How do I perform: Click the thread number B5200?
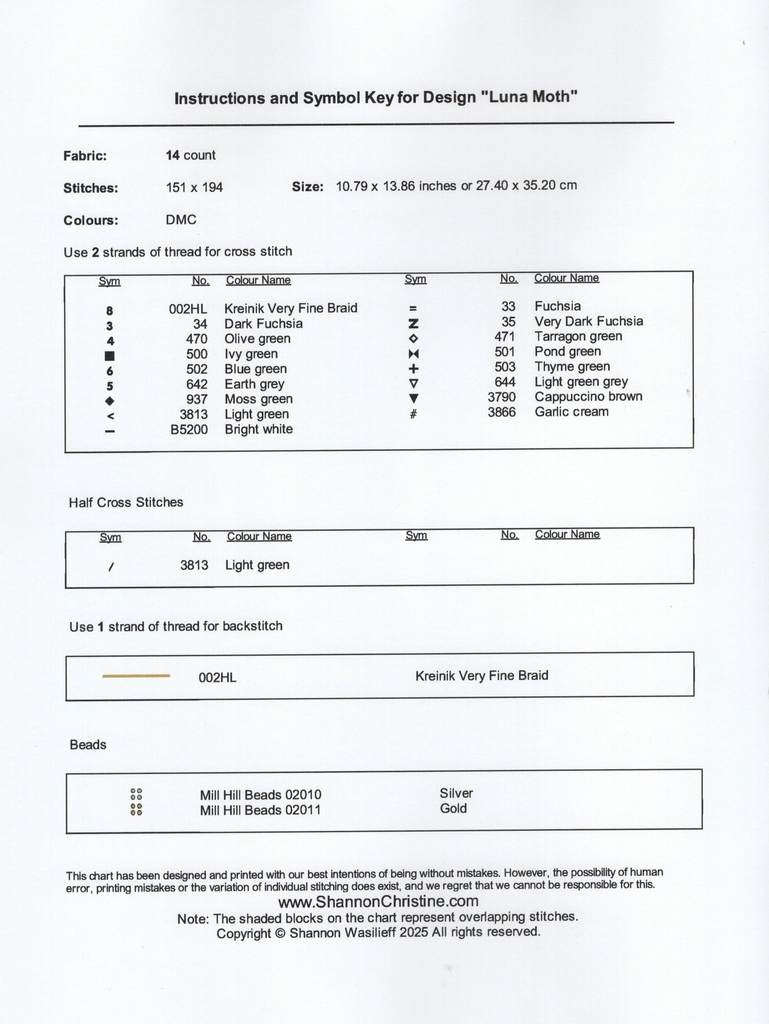[x=189, y=430]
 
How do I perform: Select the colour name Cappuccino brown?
[x=588, y=397]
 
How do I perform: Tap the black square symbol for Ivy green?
[x=110, y=356]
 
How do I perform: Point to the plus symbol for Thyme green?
[x=414, y=368]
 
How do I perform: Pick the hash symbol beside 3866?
[x=414, y=413]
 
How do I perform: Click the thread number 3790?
[x=501, y=397]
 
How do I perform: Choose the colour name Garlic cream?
[x=571, y=412]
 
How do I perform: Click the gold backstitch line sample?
[x=136, y=676]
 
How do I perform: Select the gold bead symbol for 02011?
[x=136, y=810]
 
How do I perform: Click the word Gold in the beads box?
[x=453, y=809]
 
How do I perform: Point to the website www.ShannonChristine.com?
[x=378, y=901]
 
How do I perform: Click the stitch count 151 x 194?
[x=194, y=187]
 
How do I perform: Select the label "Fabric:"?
[x=85, y=156]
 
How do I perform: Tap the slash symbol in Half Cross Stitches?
[x=110, y=567]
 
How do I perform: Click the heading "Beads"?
[x=88, y=745]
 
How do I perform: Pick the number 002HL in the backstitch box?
[x=217, y=677]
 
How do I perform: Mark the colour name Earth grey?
[x=254, y=384]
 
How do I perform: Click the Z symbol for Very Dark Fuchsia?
[x=414, y=323]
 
